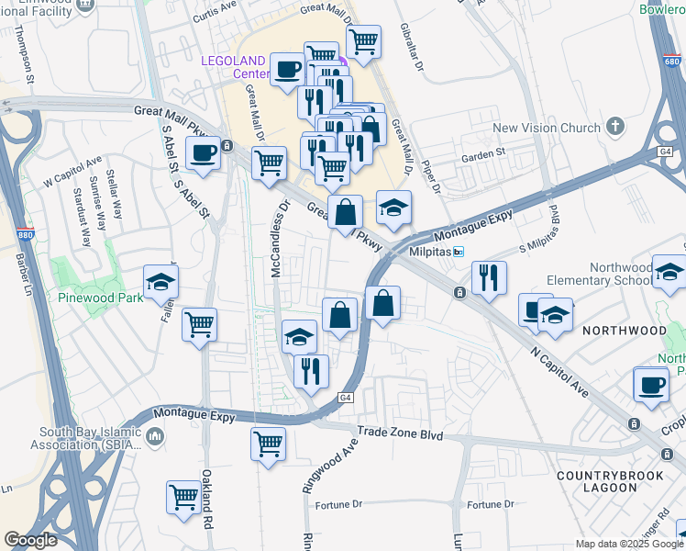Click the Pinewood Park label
click(98, 298)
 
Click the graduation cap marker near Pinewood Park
click(161, 283)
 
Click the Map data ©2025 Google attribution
click(629, 544)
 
